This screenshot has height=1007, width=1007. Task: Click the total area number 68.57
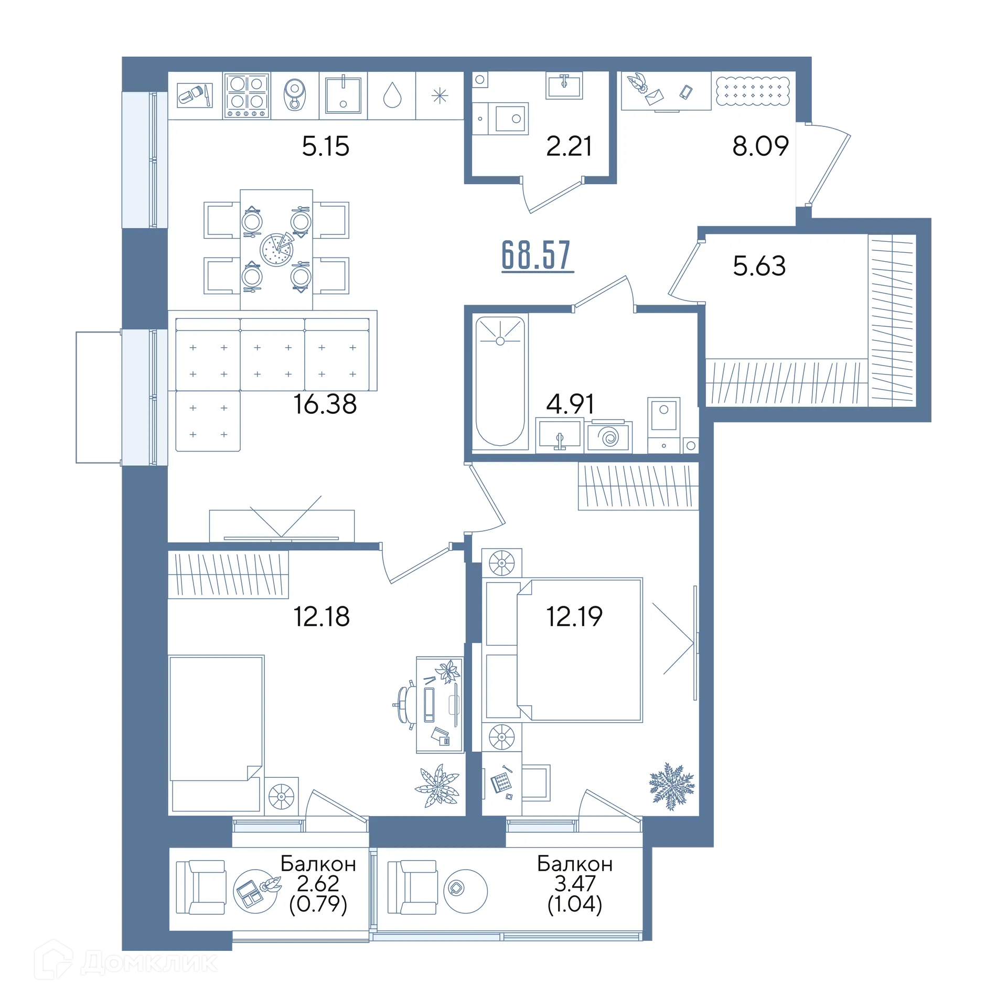[x=537, y=255]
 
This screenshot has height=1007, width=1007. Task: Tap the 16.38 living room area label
[x=325, y=404]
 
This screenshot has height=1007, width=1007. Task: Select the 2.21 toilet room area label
[x=569, y=146]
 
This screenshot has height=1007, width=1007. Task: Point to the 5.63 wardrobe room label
[x=759, y=266]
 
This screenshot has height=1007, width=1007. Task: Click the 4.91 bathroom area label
[x=570, y=404]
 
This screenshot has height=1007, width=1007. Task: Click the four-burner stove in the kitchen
[x=247, y=95]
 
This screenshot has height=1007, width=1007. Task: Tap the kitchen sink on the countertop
[x=343, y=95]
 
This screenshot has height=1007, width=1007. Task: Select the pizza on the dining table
[x=277, y=249]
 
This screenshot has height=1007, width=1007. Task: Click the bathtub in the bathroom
[x=500, y=381]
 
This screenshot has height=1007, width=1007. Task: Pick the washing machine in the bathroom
[x=609, y=436]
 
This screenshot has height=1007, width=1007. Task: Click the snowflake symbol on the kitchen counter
[x=440, y=95]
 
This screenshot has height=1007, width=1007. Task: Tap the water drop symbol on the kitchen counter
[x=392, y=95]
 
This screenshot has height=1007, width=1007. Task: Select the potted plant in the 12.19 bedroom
[x=672, y=786]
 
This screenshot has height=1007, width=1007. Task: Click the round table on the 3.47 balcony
[x=465, y=891]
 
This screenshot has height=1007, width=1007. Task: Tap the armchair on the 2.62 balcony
[x=200, y=887]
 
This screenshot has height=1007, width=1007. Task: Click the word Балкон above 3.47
[x=575, y=864]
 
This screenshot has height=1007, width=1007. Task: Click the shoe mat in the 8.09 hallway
[x=753, y=90]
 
